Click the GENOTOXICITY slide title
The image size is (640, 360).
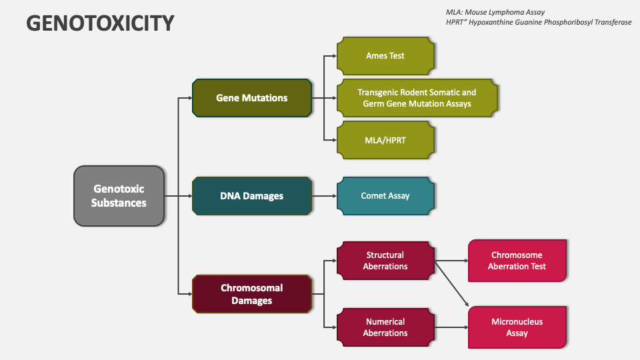click(x=100, y=23)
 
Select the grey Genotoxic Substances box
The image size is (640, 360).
click(x=119, y=196)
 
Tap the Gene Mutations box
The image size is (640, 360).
click(x=252, y=98)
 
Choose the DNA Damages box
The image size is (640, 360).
click(x=252, y=196)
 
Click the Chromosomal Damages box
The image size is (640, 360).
click(x=252, y=294)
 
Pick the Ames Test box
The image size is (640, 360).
click(x=385, y=56)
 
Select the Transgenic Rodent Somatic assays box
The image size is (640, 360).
click(x=417, y=98)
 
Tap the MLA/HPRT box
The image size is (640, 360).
click(x=385, y=140)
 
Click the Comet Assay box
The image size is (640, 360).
click(x=385, y=196)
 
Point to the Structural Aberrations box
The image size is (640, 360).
click(x=385, y=261)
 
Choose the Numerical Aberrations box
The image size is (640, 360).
click(x=385, y=327)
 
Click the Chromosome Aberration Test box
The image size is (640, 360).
click(x=517, y=261)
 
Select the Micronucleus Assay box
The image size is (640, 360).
click(x=517, y=327)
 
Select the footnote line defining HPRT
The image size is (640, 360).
click(x=539, y=22)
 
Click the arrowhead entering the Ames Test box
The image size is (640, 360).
click(x=333, y=56)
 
